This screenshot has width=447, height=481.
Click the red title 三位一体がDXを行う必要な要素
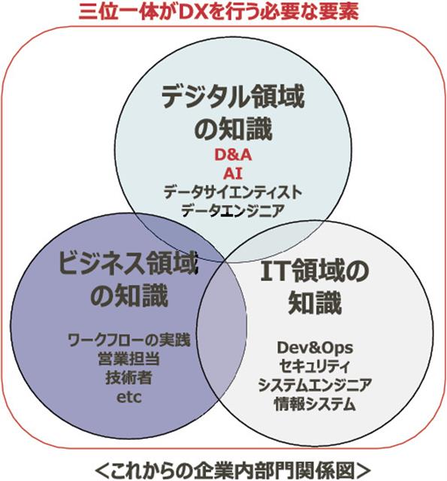tap(219, 12)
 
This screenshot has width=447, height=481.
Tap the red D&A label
tap(233, 155)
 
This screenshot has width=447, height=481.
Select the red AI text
tap(233, 174)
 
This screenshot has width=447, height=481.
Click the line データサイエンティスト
tap(233, 192)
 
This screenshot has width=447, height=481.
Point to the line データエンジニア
tap(233, 211)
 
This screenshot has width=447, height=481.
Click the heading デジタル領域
tap(233, 97)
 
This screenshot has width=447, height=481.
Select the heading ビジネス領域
tap(127, 262)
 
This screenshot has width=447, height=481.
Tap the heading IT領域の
tap(314, 271)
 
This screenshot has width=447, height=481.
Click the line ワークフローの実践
tap(128, 340)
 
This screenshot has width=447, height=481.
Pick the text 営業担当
tap(128, 358)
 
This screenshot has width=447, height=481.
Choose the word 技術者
tap(128, 377)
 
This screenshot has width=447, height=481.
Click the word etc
tap(129, 398)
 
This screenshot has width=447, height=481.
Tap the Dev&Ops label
tap(315, 347)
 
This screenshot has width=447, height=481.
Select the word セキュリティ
tap(315, 366)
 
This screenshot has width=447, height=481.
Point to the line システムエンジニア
tap(315, 385)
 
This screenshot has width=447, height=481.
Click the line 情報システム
tap(315, 404)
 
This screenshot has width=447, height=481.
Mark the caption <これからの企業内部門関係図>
tap(233, 469)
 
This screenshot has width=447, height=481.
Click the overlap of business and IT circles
tap(222, 331)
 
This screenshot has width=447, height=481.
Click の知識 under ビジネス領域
tap(129, 295)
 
